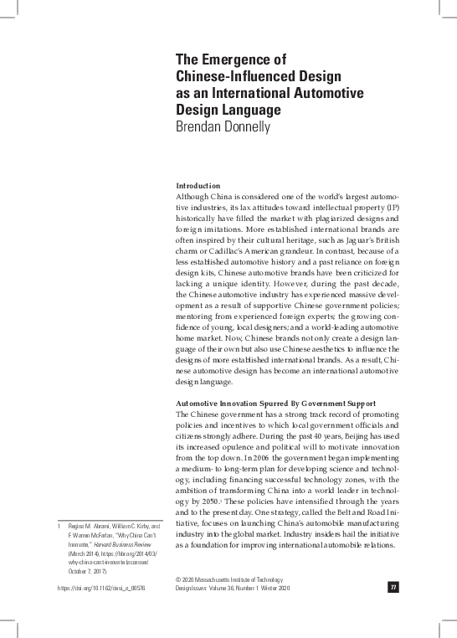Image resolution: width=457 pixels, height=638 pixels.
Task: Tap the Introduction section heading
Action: coord(198,185)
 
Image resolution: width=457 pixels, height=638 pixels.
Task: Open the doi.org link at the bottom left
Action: coord(100,589)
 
